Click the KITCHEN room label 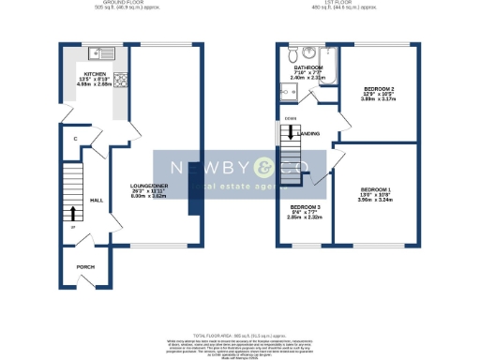tap(95, 73)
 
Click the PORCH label tap(84, 266)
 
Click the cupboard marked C tap(74, 139)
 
